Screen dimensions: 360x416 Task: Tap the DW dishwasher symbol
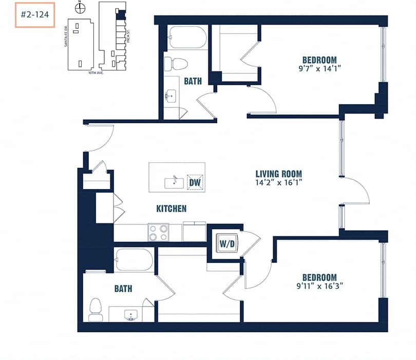pyautogui.click(x=195, y=182)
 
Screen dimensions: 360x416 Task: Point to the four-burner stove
pyautogui.click(x=158, y=232)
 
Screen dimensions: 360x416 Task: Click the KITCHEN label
pyautogui.click(x=171, y=209)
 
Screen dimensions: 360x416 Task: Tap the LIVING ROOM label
pyautogui.click(x=279, y=174)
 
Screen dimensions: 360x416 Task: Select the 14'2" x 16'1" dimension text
pyautogui.click(x=279, y=183)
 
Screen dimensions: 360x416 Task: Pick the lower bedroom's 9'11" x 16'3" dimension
pyautogui.click(x=319, y=286)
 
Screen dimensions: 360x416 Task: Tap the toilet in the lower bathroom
pyautogui.click(x=96, y=309)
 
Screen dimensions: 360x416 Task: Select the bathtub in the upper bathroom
pyautogui.click(x=187, y=37)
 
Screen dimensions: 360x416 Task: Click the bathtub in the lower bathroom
pyautogui.click(x=134, y=259)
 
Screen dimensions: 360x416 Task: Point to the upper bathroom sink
pyautogui.click(x=171, y=96)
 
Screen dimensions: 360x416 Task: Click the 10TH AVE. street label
pyautogui.click(x=96, y=73)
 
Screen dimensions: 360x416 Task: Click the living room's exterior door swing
pyautogui.click(x=356, y=191)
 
